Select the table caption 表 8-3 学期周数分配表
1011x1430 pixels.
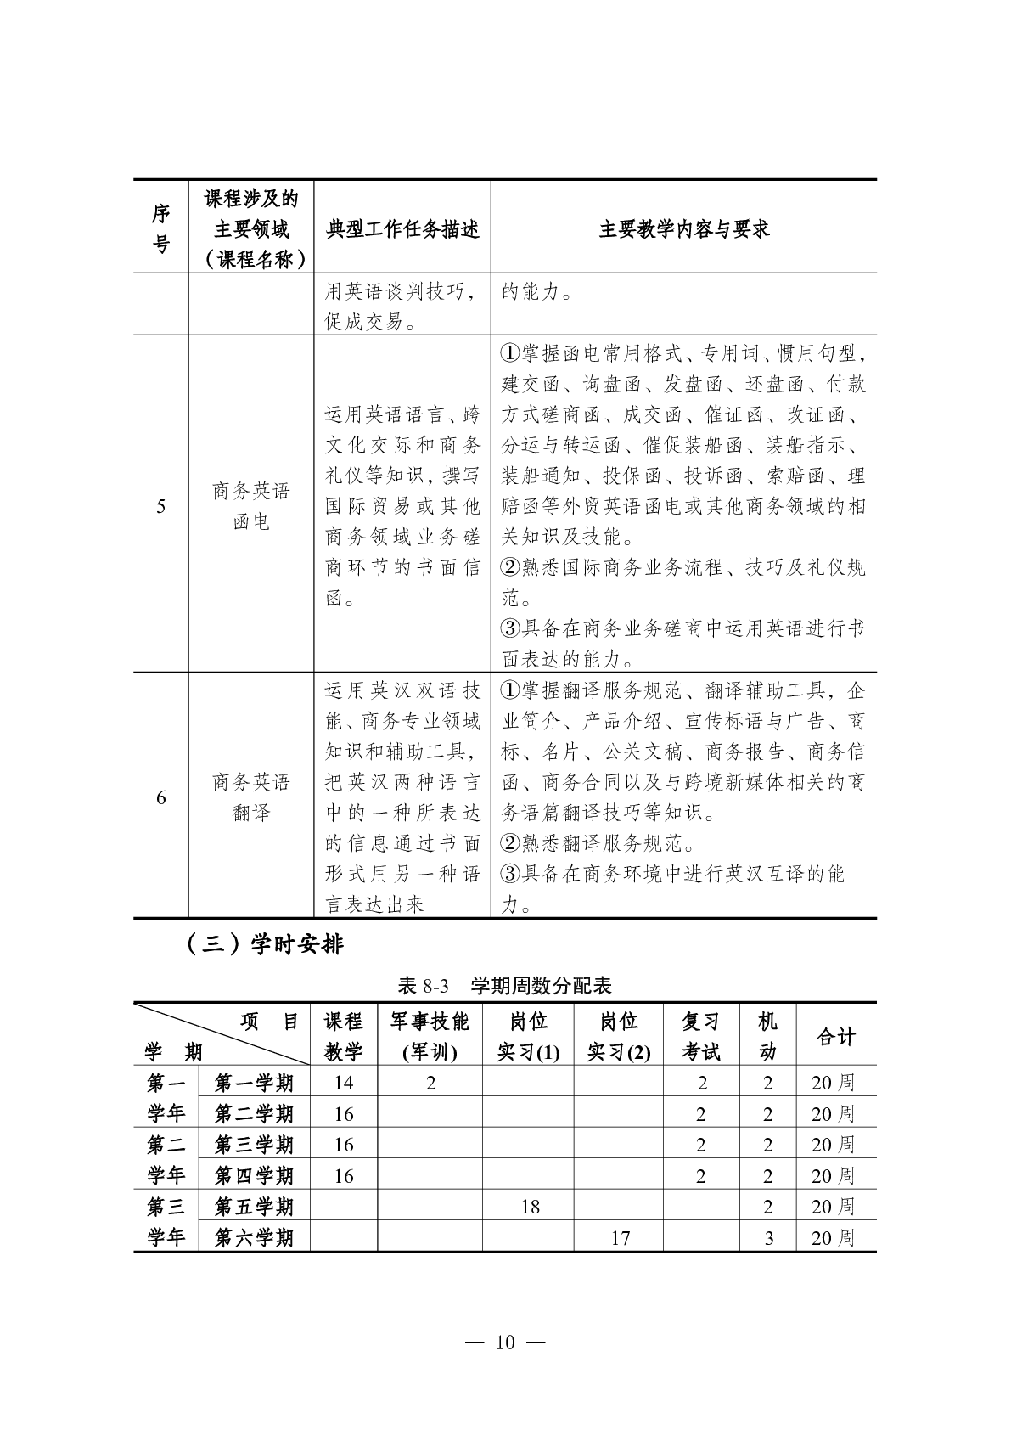[x=504, y=985]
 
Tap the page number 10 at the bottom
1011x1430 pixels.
[x=505, y=1342]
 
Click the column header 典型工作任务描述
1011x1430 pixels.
[x=402, y=229]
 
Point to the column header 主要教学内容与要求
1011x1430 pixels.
[x=683, y=229]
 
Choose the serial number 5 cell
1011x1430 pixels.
[x=160, y=507]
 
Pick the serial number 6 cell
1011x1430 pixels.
[x=160, y=797]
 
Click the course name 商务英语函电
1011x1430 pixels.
[x=251, y=506]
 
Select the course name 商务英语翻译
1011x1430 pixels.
[x=251, y=797]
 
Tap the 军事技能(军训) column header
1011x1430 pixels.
[x=430, y=1036]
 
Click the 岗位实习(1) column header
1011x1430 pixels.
[x=528, y=1036]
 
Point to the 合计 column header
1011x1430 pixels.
[x=835, y=1036]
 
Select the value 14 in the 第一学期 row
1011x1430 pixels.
[x=343, y=1083]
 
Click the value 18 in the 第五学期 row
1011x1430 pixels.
[x=530, y=1207]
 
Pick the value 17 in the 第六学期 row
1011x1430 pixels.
[x=621, y=1238]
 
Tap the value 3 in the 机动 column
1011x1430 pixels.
[x=768, y=1238]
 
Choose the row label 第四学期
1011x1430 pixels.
[x=254, y=1176]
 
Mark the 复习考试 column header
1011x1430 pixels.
[x=700, y=1036]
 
